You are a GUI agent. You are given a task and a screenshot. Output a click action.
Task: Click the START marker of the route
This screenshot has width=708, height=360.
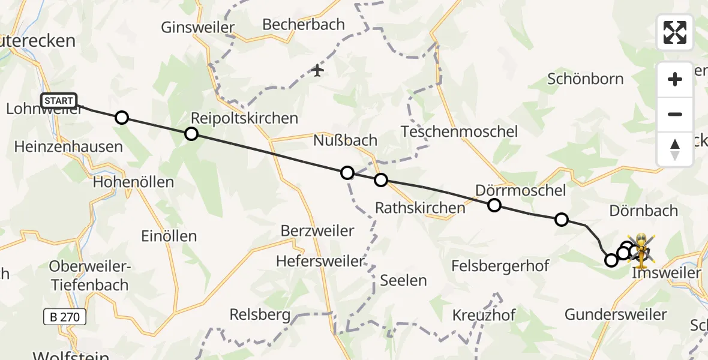click(x=59, y=101)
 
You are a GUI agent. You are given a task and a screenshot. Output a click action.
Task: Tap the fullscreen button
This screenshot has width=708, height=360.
click(x=675, y=32)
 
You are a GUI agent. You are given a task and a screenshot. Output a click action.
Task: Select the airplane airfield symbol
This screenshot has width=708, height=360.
click(x=317, y=71)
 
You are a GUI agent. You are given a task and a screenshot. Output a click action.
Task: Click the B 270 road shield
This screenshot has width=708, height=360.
click(x=65, y=316)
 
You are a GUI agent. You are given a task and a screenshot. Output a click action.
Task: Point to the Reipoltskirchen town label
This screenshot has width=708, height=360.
click(x=244, y=118)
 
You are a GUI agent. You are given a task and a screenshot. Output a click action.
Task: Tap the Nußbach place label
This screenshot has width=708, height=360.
click(x=346, y=141)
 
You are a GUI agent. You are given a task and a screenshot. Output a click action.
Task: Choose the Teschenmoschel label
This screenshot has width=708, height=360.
click(x=459, y=131)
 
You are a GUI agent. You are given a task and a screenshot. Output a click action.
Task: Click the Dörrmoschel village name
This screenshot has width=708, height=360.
click(x=520, y=191)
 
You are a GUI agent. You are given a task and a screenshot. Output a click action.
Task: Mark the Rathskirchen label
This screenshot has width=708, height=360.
click(x=420, y=208)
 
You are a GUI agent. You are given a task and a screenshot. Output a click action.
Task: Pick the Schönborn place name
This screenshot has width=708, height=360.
click(x=585, y=79)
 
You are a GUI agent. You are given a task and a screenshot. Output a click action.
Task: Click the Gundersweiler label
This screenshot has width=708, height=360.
click(x=616, y=314)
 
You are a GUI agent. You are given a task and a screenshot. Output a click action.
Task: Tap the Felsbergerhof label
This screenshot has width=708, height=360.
click(x=500, y=266)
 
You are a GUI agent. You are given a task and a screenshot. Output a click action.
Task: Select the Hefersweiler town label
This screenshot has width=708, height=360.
click(x=320, y=261)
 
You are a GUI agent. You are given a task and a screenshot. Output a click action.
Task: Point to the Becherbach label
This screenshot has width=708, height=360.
click(x=304, y=25)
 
